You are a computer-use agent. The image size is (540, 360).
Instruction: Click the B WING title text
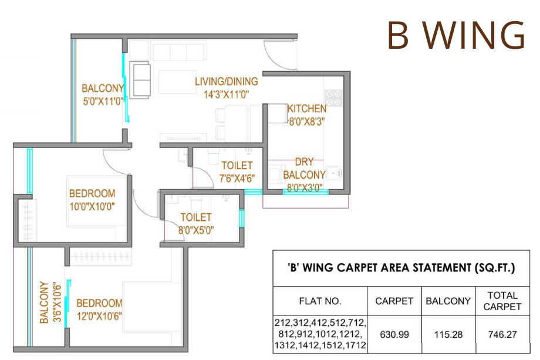(455, 36)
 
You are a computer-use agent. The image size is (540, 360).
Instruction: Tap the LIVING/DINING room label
(226, 82)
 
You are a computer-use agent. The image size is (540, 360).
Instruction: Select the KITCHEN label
(306, 109)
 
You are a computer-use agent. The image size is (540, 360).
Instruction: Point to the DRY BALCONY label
(304, 169)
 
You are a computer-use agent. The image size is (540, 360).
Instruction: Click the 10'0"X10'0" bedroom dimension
(92, 206)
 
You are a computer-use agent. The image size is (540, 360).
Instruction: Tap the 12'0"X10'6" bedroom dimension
(99, 316)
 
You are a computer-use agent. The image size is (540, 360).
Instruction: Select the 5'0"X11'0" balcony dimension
(103, 101)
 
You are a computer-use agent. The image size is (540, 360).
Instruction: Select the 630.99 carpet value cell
(394, 334)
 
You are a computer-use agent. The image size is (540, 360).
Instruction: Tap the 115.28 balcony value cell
(448, 334)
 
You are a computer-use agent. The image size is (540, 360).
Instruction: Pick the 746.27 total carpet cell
(502, 334)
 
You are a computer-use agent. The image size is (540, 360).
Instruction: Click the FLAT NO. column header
(320, 301)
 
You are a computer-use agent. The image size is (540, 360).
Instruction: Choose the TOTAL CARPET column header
(502, 301)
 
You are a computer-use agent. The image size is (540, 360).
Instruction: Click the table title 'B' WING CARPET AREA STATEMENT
(401, 268)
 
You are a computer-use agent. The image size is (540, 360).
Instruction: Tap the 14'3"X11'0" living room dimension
(226, 94)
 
